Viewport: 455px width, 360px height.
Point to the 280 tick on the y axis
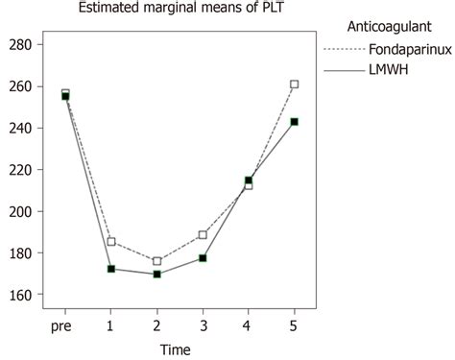[22, 45]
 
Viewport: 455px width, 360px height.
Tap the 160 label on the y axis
[22, 295]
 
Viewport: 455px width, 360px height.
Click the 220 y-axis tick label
[22, 211]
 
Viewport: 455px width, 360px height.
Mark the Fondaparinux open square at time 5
[294, 84]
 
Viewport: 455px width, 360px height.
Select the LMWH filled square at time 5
[294, 122]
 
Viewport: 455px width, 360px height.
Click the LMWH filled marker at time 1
[111, 269]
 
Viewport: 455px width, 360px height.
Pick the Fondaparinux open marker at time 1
[111, 242]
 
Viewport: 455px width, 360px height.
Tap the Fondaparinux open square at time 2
[157, 261]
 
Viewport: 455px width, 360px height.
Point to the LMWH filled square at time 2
[157, 274]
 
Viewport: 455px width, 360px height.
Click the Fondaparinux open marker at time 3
[203, 235]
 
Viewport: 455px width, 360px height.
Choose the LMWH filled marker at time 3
[203, 258]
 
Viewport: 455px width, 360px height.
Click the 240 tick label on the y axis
[22, 128]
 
